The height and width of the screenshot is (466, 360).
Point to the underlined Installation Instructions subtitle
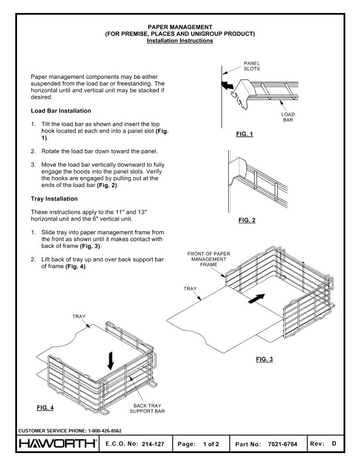point(180,40)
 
